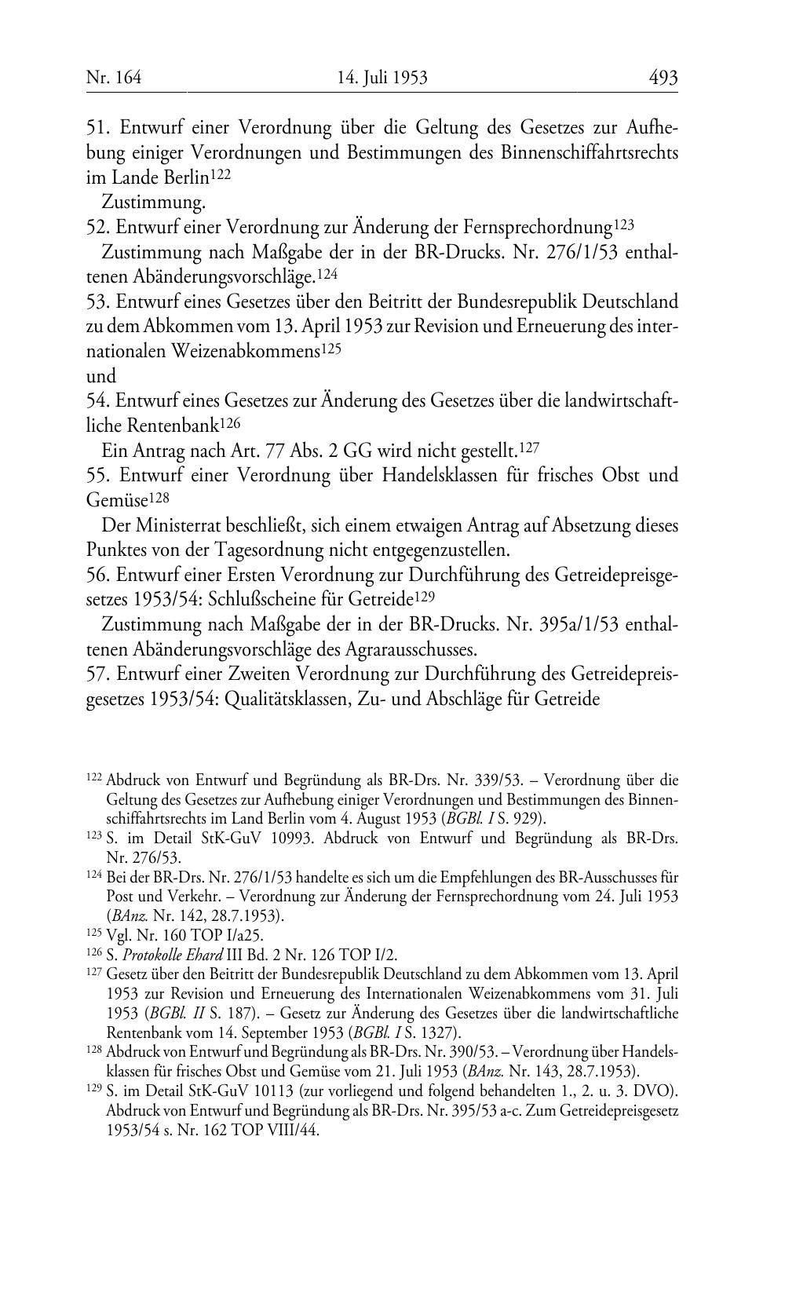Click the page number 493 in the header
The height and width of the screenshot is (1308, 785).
(663, 78)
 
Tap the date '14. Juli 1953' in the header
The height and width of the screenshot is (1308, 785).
(382, 78)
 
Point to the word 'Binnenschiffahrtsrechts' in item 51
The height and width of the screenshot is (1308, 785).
(589, 152)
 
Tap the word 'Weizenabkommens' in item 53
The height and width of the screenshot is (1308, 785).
(246, 352)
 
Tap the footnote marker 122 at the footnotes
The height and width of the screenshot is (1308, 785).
(93, 780)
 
